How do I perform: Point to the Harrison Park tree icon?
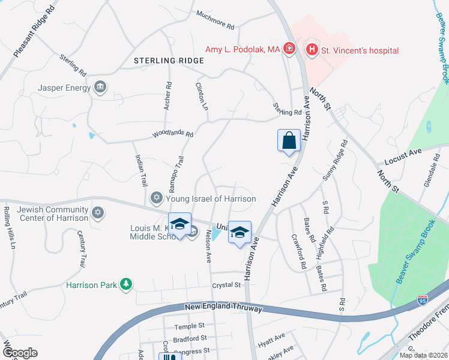click(125, 284)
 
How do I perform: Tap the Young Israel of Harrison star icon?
click(156, 198)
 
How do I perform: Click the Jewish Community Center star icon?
click(97, 213)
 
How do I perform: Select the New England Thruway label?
click(223, 308)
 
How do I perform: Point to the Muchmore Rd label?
click(215, 23)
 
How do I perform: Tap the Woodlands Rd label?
click(173, 135)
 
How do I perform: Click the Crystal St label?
click(226, 286)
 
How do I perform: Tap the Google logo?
click(20, 353)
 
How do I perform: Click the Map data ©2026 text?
click(423, 355)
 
